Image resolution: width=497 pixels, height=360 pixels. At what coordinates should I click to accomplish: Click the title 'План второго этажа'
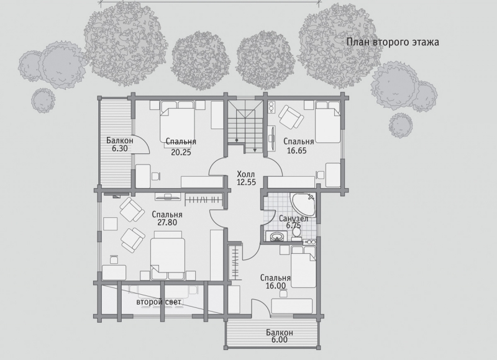pos(393,42)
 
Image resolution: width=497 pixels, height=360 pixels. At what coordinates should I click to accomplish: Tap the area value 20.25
pos(181,152)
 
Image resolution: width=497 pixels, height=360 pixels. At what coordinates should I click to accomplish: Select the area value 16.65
pos(297,150)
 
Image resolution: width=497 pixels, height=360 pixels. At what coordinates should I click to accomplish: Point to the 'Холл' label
pos(246,174)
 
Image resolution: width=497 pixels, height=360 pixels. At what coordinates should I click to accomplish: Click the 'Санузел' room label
pos(293,218)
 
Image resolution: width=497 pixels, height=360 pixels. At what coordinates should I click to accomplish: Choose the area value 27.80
pos(167,222)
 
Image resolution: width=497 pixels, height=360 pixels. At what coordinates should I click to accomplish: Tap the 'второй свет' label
pos(159,302)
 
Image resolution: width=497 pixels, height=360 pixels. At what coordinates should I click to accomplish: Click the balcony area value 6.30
pos(119,148)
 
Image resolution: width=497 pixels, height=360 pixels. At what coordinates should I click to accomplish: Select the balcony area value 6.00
pos(279,340)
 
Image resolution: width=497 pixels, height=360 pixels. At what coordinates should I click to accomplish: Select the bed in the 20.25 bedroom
pos(177,124)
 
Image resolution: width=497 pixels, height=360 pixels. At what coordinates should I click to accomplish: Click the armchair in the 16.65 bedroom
pos(291,117)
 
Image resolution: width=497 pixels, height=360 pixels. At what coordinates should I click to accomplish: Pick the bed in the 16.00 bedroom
pos(304,268)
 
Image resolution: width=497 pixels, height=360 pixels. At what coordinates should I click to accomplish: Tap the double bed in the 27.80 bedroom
pos(168,255)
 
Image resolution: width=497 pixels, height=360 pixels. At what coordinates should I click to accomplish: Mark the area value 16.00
pos(275,286)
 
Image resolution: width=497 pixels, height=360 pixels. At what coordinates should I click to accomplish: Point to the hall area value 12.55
pos(246,182)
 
